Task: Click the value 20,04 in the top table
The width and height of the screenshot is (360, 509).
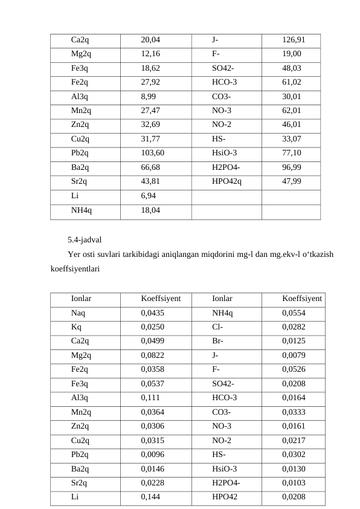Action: pos(150,41)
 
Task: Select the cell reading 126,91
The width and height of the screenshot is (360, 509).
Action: pos(293,41)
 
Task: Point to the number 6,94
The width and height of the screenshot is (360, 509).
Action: pos(148,196)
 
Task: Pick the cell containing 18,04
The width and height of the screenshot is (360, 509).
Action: pos(150,210)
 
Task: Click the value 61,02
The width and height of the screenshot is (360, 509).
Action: pos(292,83)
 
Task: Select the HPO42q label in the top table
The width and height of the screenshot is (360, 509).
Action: pos(227,181)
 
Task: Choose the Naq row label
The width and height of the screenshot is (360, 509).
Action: pos(78,313)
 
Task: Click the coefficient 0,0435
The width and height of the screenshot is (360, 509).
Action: pos(152,313)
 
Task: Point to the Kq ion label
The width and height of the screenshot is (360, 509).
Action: pos(76,327)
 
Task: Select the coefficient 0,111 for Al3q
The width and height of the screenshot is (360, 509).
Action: pos(150,399)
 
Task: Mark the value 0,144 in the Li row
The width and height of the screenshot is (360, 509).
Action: pos(150,497)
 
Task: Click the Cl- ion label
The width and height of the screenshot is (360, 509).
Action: pos(218,327)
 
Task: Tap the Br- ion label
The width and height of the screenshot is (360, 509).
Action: pos(218,341)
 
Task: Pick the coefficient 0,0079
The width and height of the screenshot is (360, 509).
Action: pos(294,355)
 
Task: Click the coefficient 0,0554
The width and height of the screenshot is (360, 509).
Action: pos(294,313)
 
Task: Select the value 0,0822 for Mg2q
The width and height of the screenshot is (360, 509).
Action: pos(152,355)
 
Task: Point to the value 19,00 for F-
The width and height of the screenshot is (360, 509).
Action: pos(292,54)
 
